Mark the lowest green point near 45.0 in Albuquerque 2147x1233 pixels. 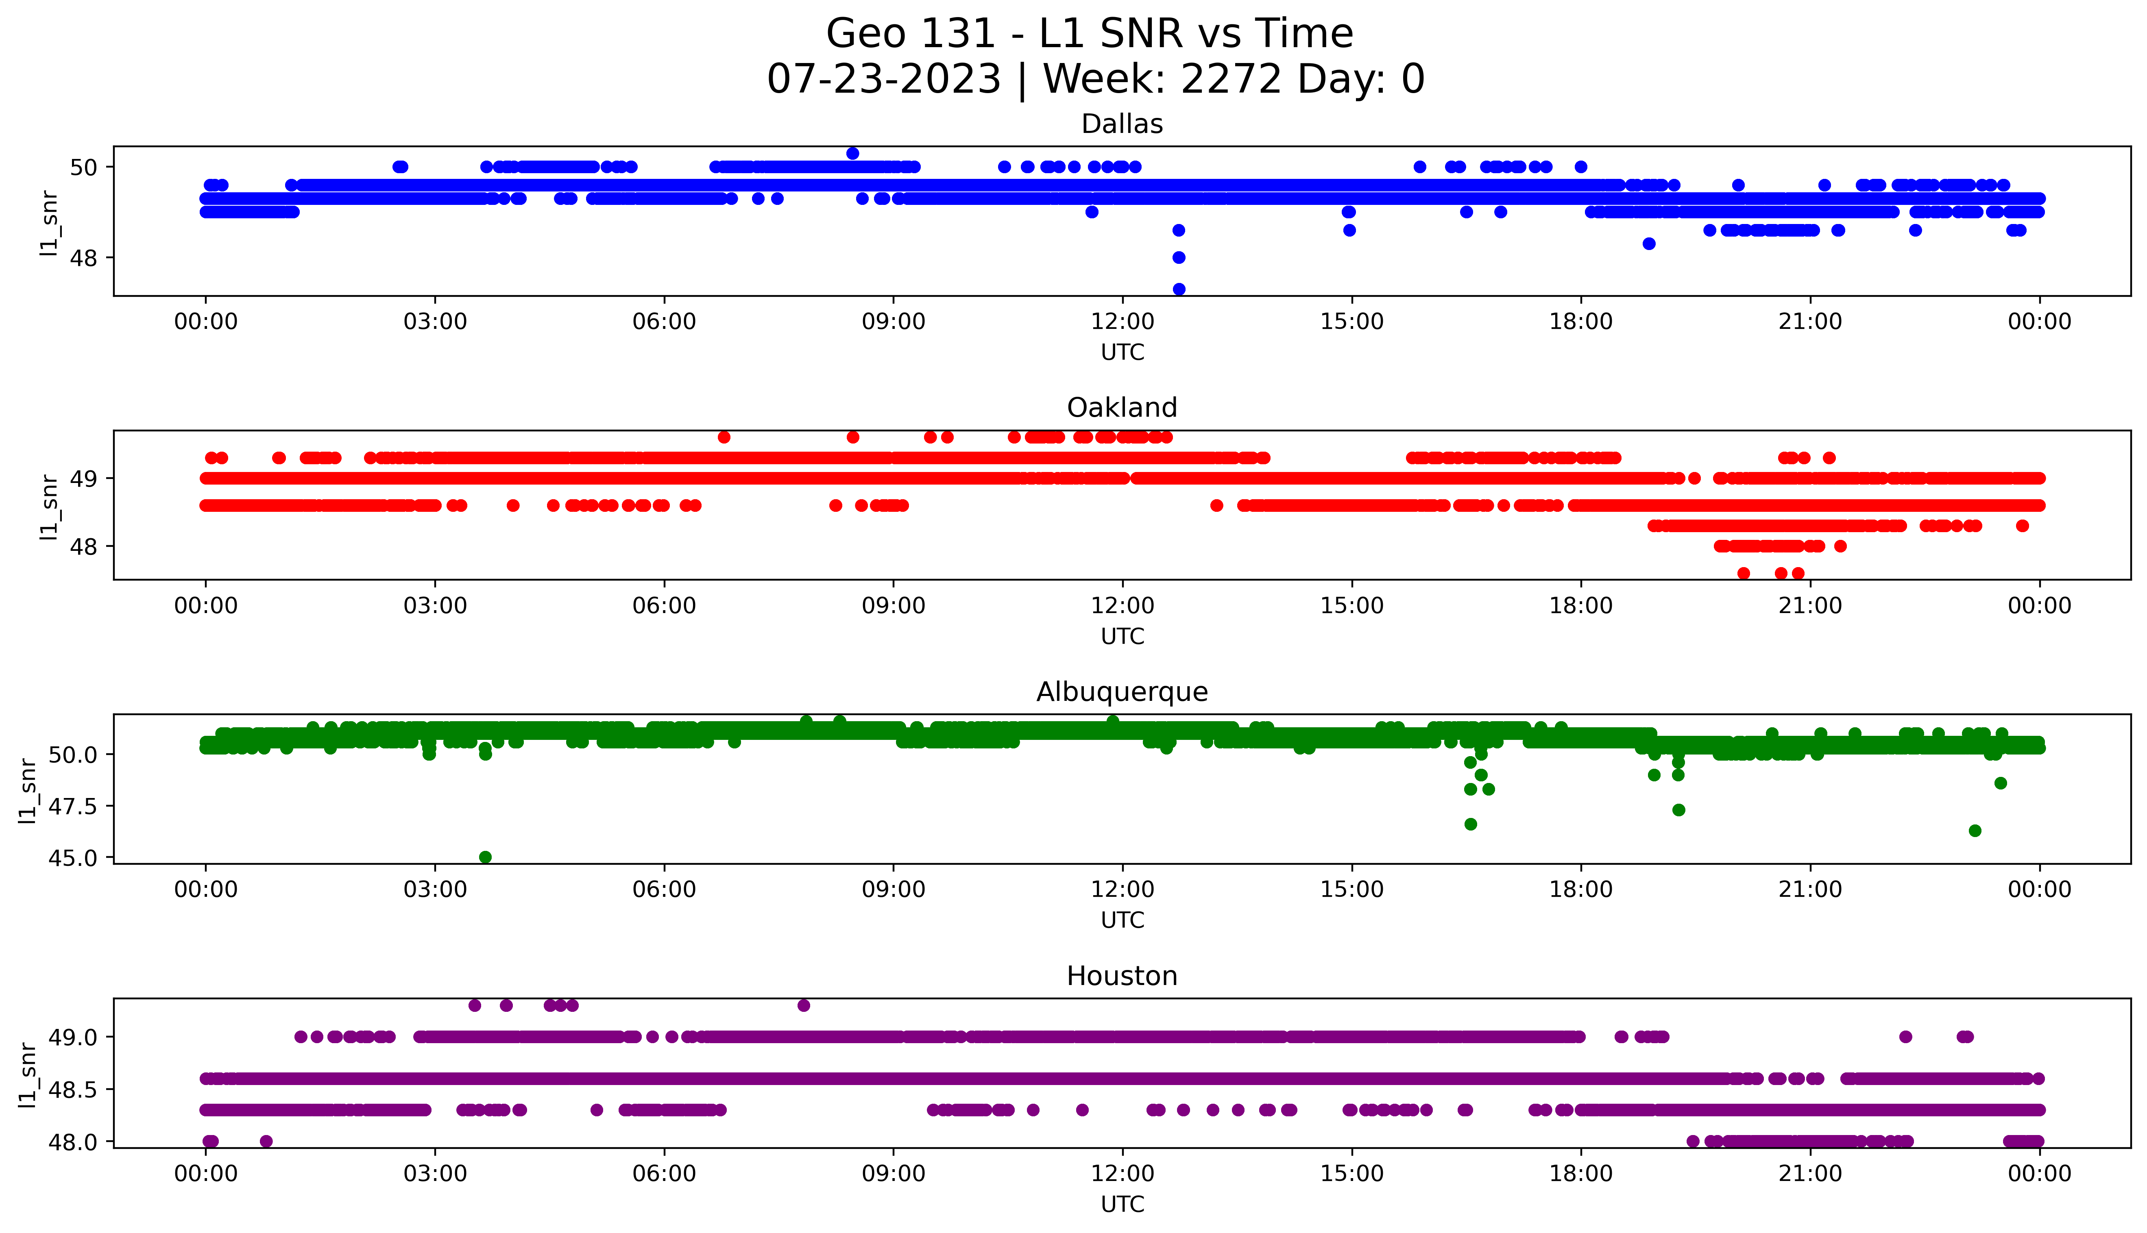coord(485,857)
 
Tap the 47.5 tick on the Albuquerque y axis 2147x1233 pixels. coord(73,806)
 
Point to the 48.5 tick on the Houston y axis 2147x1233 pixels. coord(73,1089)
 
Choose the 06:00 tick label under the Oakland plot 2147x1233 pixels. coord(664,607)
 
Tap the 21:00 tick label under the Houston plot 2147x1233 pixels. coord(1810,1174)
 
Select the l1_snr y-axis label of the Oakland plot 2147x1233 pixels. coord(49,507)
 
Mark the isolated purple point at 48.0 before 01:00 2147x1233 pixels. coord(266,1141)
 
